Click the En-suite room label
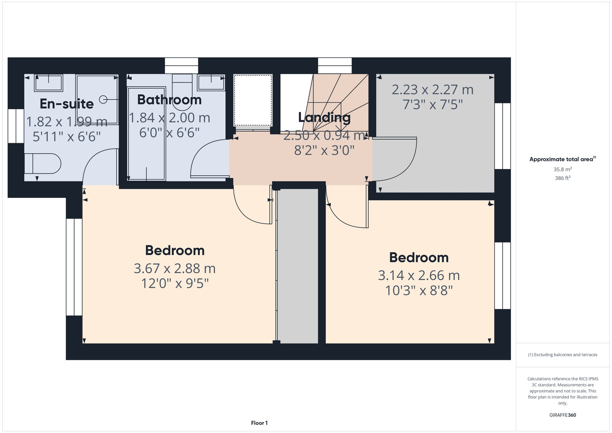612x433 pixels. [67, 104]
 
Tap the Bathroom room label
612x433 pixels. [169, 100]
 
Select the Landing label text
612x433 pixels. [324, 118]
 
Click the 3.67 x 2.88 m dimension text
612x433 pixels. [175, 269]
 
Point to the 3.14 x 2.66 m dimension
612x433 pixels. [419, 275]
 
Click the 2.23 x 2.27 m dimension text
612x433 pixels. [432, 90]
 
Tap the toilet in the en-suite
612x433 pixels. [43, 164]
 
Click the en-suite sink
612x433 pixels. [49, 83]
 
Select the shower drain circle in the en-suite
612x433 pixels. [103, 99]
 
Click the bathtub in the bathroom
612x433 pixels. [147, 134]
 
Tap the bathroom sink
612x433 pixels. [211, 83]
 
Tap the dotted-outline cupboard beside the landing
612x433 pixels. [253, 100]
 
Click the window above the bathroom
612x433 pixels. [181, 65]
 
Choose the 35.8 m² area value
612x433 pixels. [562, 169]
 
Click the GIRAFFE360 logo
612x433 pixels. [562, 415]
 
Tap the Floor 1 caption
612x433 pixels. [259, 423]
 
